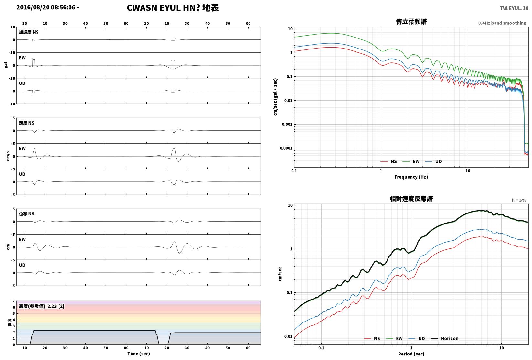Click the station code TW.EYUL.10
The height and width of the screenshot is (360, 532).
pyautogui.click(x=514, y=8)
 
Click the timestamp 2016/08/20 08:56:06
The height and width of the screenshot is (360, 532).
pyautogui.click(x=46, y=7)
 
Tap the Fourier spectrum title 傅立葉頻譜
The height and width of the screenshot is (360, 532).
pyautogui.click(x=411, y=22)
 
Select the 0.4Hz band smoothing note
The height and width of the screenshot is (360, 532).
pyautogui.click(x=502, y=23)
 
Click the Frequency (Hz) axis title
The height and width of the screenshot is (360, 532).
pyautogui.click(x=411, y=177)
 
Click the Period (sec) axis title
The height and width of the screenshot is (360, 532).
pyautogui.click(x=411, y=354)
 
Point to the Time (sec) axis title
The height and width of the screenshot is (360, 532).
pyautogui.click(x=139, y=354)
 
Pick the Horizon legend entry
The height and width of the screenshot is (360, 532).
pyautogui.click(x=445, y=338)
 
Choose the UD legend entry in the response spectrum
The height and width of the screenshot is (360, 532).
pyautogui.click(x=417, y=338)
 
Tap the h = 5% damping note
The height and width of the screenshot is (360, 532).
pyautogui.click(x=519, y=200)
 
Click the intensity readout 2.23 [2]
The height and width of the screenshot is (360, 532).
pyautogui.click(x=56, y=306)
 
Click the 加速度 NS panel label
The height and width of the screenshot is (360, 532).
pyautogui.click(x=29, y=32)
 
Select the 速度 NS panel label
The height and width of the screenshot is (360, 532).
pyautogui.click(x=27, y=123)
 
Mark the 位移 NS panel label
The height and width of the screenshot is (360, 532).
pyautogui.click(x=27, y=214)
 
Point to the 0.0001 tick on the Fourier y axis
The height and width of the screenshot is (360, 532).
pyautogui.click(x=286, y=148)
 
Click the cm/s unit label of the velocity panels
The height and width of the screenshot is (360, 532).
pyautogui.click(x=8, y=156)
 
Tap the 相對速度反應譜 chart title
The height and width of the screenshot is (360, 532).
pyautogui.click(x=411, y=199)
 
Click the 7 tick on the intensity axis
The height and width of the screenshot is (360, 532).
pyautogui.click(x=14, y=301)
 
